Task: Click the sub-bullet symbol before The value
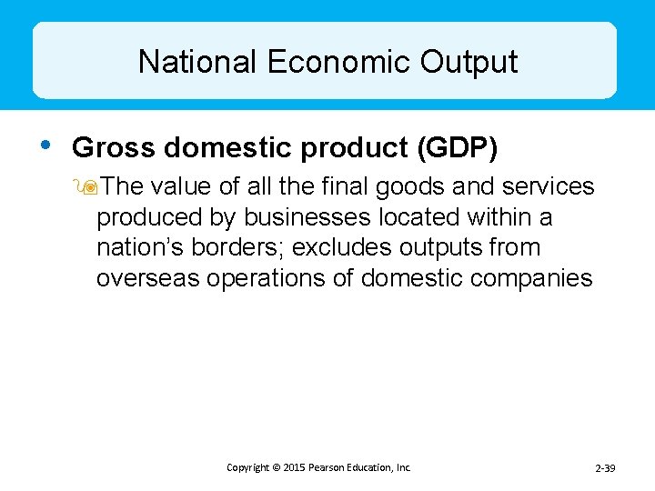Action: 87,187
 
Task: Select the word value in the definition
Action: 181,187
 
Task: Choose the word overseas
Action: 147,278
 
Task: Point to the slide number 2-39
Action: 605,468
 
